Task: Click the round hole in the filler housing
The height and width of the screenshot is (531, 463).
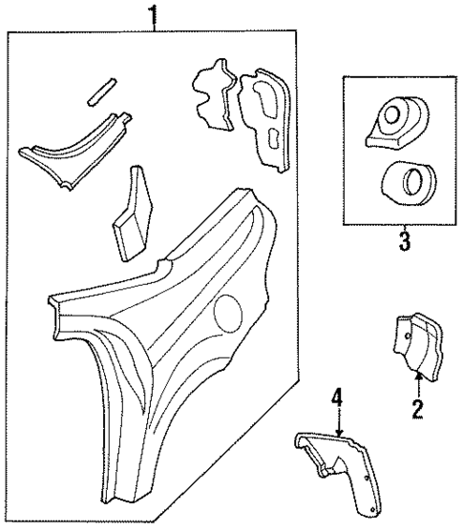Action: (x=391, y=116)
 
